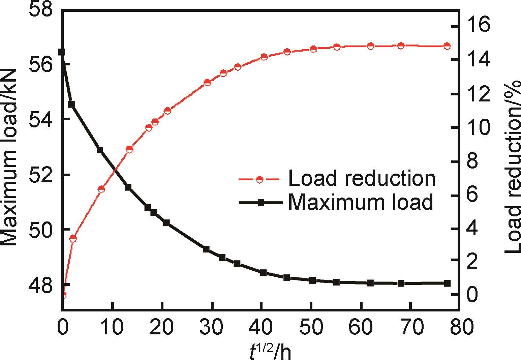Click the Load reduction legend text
362,178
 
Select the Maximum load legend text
360,202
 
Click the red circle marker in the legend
259,179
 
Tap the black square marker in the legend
260,203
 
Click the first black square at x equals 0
61,52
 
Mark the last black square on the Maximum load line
447,283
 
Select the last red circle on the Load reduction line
447,46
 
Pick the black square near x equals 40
263,273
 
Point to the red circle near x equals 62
371,46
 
